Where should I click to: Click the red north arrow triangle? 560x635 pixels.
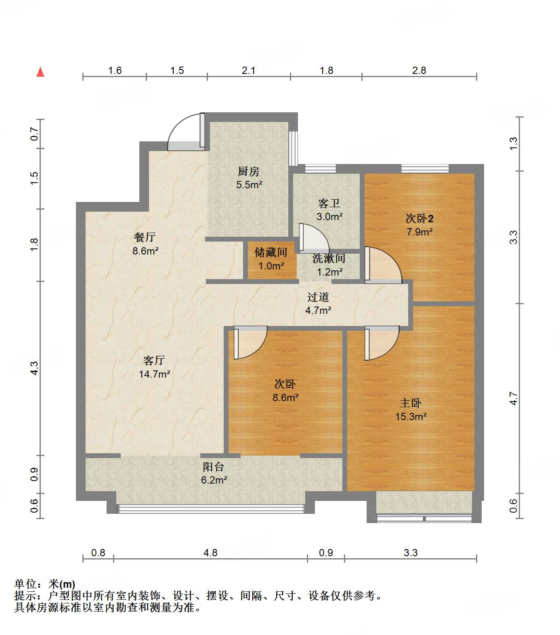coord(40,72)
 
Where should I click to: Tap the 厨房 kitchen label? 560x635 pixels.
coord(248,172)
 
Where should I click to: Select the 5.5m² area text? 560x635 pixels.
coord(249,185)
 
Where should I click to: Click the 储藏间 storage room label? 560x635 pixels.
coord(271,252)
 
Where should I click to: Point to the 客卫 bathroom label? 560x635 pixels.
coord(329,203)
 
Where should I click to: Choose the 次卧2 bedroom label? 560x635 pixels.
coord(419,219)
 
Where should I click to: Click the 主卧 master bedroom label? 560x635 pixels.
coord(411,403)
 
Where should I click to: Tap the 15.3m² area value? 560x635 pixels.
coord(411,416)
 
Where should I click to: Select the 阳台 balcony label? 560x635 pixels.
coord(214,467)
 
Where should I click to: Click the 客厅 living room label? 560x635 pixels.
coord(154,360)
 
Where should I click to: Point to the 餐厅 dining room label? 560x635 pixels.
coord(145,237)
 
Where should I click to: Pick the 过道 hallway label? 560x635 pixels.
coord(318,297)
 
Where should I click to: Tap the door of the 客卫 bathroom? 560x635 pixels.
coord(314,238)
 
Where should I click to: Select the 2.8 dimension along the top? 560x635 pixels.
coord(419,71)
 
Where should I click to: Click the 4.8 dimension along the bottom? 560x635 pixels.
coord(210,553)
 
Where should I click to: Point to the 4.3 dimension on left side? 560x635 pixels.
coord(34,368)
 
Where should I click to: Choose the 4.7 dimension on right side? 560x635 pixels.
coord(513,398)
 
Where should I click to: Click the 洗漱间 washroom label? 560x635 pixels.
coord(329,259)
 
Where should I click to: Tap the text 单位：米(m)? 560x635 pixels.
coord(45,584)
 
